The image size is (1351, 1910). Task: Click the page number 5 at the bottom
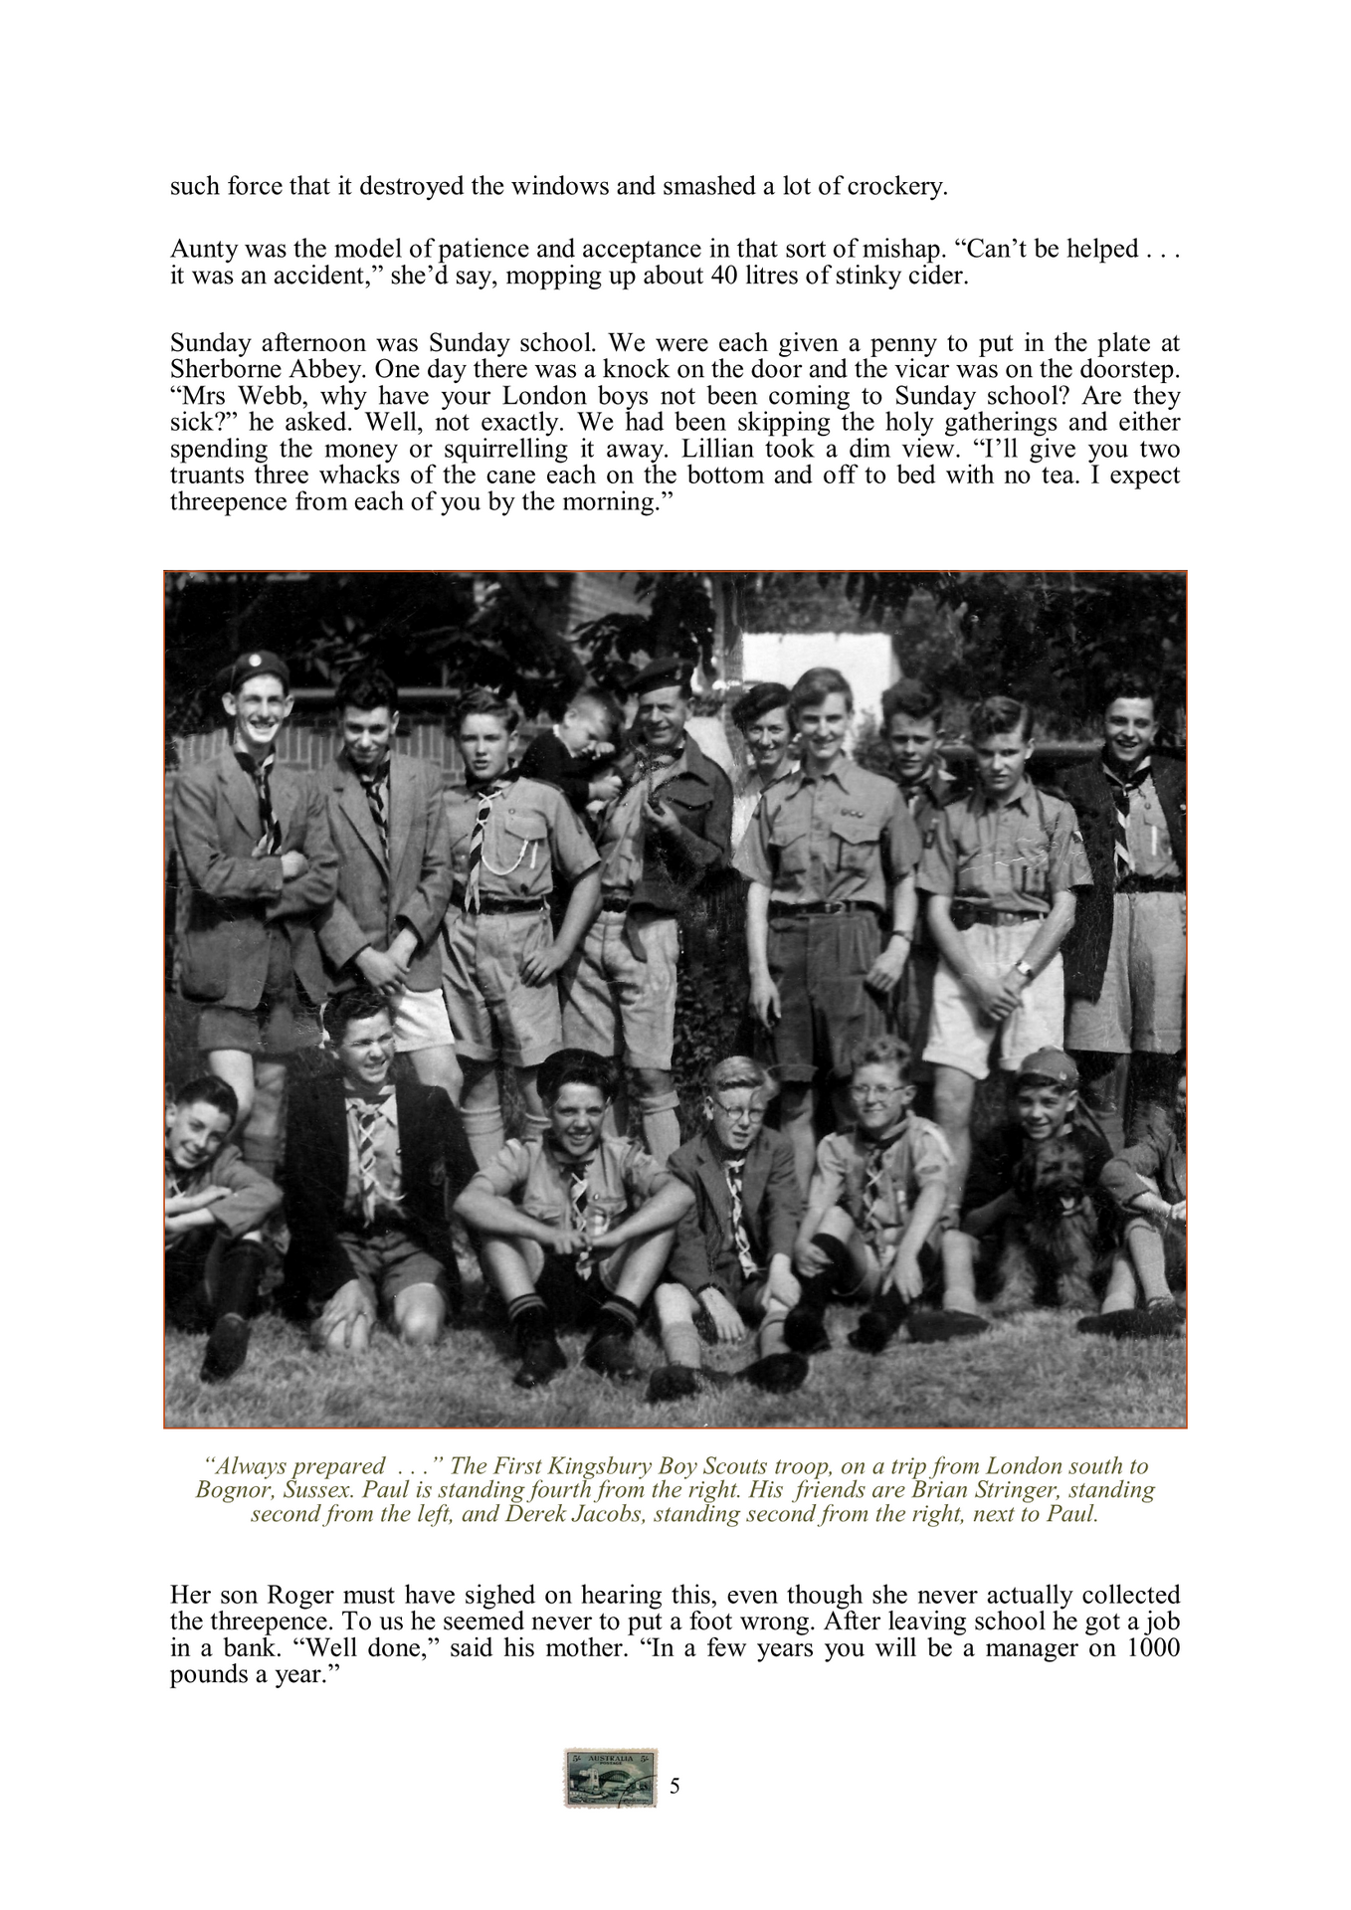point(675,1786)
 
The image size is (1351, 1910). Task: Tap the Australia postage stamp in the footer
point(611,1778)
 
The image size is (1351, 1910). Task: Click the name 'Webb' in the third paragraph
point(260,397)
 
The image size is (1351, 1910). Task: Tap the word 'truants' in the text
point(206,476)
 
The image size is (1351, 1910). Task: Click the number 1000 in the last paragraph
point(1153,1648)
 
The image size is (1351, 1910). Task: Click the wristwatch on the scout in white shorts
point(1022,967)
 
